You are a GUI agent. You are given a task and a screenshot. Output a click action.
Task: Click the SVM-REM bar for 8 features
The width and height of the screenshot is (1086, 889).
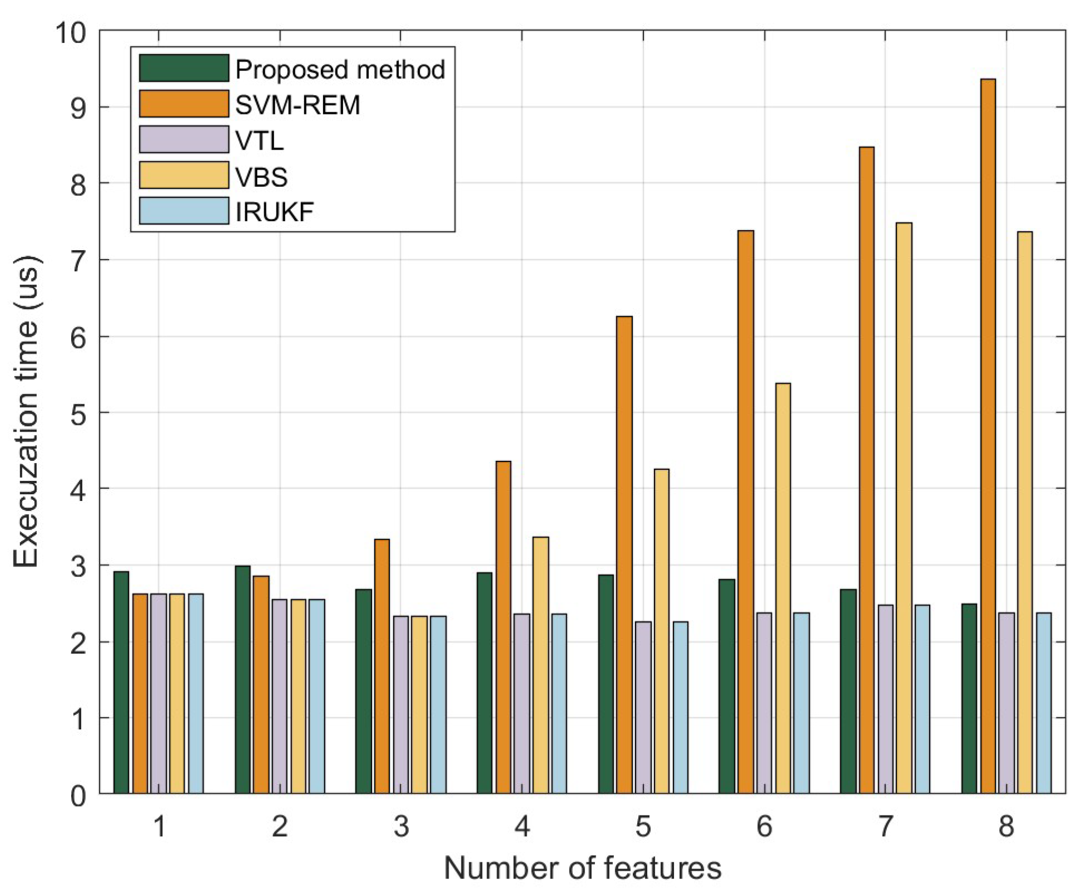pyautogui.click(x=988, y=436)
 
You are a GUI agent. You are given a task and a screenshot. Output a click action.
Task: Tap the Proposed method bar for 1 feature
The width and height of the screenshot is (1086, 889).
pyautogui.click(x=121, y=682)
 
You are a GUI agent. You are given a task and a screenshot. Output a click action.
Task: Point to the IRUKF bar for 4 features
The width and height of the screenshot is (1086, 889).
pyautogui.click(x=559, y=703)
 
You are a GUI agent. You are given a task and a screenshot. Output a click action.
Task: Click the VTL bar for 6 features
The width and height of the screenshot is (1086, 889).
pyautogui.click(x=764, y=703)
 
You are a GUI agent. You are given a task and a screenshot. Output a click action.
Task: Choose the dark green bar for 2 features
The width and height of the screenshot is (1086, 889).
pyautogui.click(x=242, y=679)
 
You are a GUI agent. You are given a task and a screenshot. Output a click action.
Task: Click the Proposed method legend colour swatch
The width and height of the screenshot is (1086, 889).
pyautogui.click(x=184, y=68)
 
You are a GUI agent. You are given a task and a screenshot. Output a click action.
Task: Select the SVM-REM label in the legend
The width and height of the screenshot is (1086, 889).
pyautogui.click(x=297, y=105)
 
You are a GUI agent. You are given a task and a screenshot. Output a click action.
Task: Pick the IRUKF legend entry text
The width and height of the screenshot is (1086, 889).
pyautogui.click(x=275, y=212)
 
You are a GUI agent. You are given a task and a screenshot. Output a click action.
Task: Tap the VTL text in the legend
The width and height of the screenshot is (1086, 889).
pyautogui.click(x=259, y=140)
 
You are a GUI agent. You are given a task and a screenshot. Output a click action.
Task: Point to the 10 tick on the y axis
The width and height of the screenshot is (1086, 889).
pyautogui.click(x=71, y=32)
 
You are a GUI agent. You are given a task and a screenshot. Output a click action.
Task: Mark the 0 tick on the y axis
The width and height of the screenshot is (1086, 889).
pyautogui.click(x=78, y=796)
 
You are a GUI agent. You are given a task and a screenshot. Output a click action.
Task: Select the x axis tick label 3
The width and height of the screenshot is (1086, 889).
pyautogui.click(x=401, y=826)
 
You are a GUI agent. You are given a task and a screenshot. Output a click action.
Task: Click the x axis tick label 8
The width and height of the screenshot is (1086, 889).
pyautogui.click(x=1006, y=826)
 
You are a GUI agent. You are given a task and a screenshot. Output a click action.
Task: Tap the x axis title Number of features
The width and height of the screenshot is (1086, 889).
pyautogui.click(x=582, y=868)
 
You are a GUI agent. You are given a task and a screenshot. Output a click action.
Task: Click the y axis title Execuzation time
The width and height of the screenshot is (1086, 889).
pyautogui.click(x=26, y=411)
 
